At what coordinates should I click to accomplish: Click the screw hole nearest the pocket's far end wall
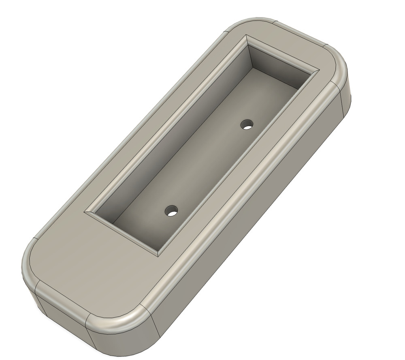pyautogui.click(x=247, y=124)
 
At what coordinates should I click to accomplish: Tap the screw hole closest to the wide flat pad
pyautogui.click(x=172, y=210)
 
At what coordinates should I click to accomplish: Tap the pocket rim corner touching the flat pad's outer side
pyautogui.click(x=86, y=212)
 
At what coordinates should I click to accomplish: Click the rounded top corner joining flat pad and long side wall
pyautogui.click(x=134, y=320)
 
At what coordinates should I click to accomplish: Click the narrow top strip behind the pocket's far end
pyautogui.click(x=292, y=45)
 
